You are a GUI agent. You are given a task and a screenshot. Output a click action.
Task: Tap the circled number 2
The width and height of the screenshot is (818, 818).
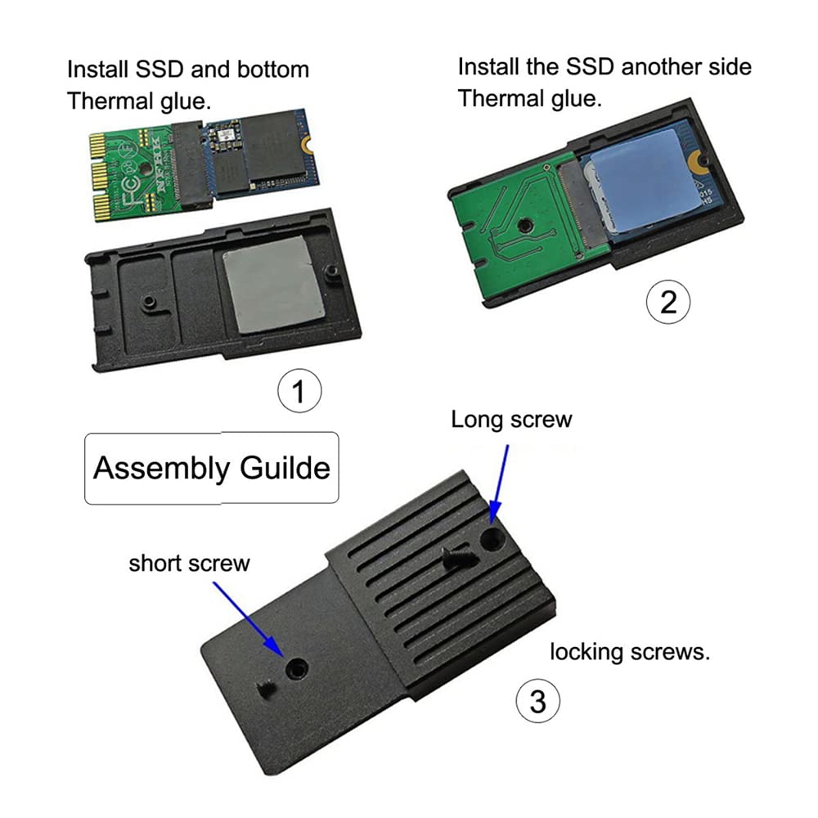[x=668, y=302]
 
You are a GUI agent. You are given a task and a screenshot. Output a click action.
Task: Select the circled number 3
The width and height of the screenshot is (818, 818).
[x=537, y=701]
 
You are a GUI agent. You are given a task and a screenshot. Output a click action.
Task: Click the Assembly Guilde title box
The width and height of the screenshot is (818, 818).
[x=211, y=468]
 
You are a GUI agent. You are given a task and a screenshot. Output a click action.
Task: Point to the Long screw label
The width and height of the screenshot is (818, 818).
[x=511, y=420]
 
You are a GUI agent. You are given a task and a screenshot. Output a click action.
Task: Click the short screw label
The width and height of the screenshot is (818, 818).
[x=189, y=563]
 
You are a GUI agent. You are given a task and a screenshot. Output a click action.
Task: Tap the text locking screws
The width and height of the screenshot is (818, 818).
[x=629, y=653]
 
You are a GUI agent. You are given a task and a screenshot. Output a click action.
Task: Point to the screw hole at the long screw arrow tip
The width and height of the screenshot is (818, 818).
[x=492, y=538]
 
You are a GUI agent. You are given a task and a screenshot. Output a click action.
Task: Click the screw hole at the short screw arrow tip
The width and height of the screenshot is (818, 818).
[x=294, y=669]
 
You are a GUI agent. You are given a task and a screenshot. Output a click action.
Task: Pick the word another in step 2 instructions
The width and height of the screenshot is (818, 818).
[x=659, y=66]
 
